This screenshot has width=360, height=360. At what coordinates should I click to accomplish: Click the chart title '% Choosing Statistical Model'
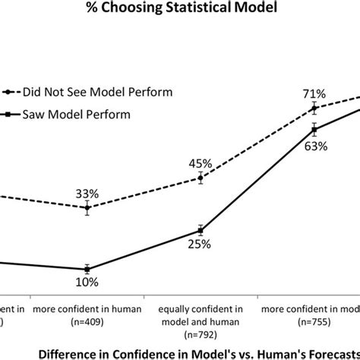click(179, 11)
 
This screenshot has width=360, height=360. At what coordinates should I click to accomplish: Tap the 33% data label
click(87, 193)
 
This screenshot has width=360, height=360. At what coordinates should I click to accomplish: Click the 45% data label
click(200, 163)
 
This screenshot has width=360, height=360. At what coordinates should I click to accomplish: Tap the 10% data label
click(87, 283)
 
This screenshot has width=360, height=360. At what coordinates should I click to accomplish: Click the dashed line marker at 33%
click(87, 208)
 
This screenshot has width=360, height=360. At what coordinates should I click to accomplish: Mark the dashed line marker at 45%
click(200, 178)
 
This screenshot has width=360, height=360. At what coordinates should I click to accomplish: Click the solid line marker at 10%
click(87, 268)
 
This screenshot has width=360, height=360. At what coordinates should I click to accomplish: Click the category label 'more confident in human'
click(87, 309)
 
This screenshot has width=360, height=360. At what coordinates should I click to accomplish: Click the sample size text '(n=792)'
click(200, 333)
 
